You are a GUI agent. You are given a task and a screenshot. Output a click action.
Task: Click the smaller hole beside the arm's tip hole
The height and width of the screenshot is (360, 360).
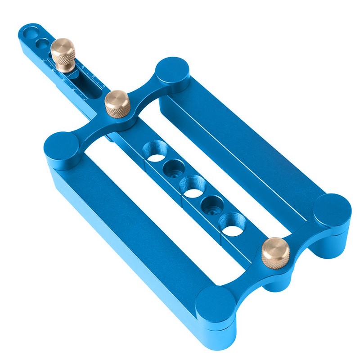point(42,43)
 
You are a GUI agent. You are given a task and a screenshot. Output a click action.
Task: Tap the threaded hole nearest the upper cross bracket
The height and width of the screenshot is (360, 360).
point(153,151)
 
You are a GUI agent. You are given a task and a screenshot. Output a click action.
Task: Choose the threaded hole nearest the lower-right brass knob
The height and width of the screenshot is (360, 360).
point(232,224)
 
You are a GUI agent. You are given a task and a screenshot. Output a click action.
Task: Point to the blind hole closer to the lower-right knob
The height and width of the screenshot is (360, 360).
point(212,206)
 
